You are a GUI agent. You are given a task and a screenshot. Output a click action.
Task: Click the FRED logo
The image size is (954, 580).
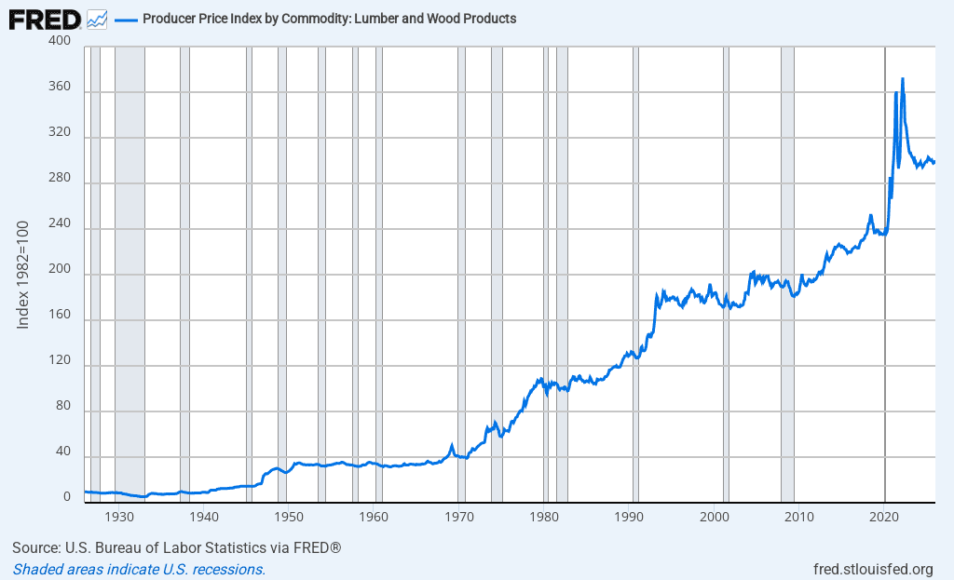(x=45, y=18)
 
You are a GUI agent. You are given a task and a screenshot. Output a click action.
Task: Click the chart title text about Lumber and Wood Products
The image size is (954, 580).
(x=329, y=19)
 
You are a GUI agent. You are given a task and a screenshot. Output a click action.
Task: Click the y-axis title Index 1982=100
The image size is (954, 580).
(x=24, y=275)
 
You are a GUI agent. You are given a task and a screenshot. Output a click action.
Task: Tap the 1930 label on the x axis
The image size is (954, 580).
(x=118, y=516)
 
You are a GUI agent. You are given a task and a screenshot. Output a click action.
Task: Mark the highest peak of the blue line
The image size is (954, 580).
(x=903, y=79)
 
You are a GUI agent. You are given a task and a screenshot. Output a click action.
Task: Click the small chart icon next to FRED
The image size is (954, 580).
(x=96, y=18)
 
